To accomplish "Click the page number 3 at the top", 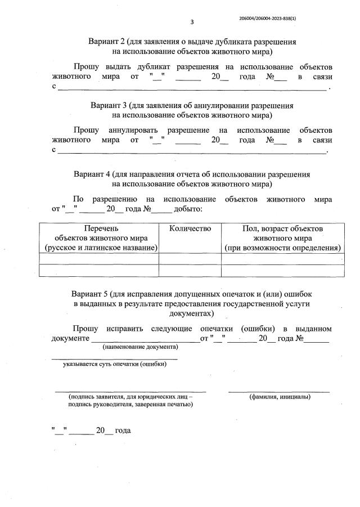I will coord(192,22).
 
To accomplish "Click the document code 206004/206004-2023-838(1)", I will coord(268,18).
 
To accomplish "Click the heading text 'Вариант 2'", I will coord(107,42).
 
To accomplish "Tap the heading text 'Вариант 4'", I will coord(92,174).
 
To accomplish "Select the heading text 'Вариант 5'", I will coord(90,294).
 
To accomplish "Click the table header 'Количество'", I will coord(190,228).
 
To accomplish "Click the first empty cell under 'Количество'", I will coord(190,259).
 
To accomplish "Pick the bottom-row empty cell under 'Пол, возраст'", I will coord(282,271).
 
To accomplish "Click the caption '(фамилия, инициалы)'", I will coord(280,397).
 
